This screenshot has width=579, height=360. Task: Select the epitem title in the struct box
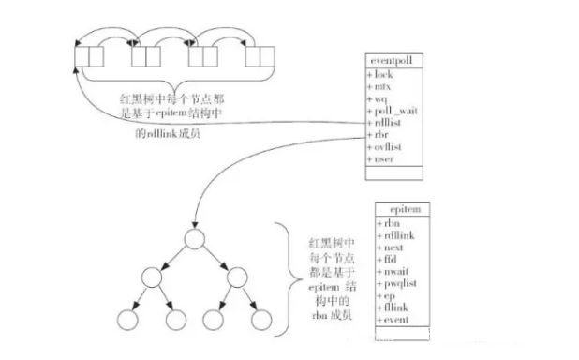(x=399, y=209)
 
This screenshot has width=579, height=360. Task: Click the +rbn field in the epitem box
(x=387, y=223)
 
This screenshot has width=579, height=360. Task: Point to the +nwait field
(x=391, y=271)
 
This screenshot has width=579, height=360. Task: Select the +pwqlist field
(x=394, y=283)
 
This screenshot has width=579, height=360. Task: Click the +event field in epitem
(x=391, y=320)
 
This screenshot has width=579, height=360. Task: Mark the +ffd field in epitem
(x=386, y=259)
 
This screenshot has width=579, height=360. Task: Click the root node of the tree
(x=193, y=238)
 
